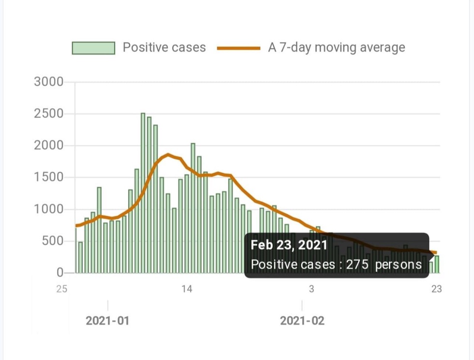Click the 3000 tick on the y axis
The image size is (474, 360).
49,82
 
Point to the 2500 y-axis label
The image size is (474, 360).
49,114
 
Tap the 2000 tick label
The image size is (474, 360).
49,145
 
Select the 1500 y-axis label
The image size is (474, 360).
49,177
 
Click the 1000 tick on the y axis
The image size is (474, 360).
49,209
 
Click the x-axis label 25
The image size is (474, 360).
61,289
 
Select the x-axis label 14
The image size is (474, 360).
187,289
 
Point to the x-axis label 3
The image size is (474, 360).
311,289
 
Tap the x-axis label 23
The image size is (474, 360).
436,289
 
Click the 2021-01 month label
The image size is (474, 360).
107,320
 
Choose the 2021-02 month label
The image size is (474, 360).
302,320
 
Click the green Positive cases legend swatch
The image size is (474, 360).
93,48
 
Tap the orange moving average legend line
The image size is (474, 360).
238,48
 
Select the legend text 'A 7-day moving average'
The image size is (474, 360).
336,48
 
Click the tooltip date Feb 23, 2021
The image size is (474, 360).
289,245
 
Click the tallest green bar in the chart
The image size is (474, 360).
143,193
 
